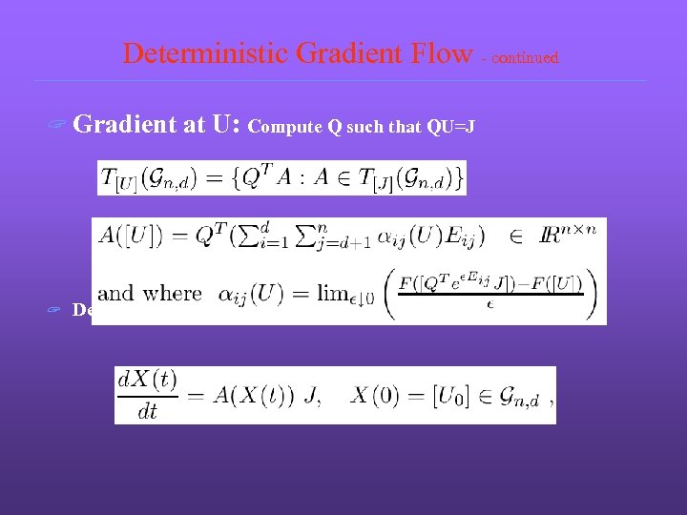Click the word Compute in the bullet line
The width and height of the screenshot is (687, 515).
[x=281, y=128]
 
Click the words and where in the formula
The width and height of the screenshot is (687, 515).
[x=149, y=294]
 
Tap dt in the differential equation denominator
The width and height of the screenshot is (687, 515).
[x=148, y=410]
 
